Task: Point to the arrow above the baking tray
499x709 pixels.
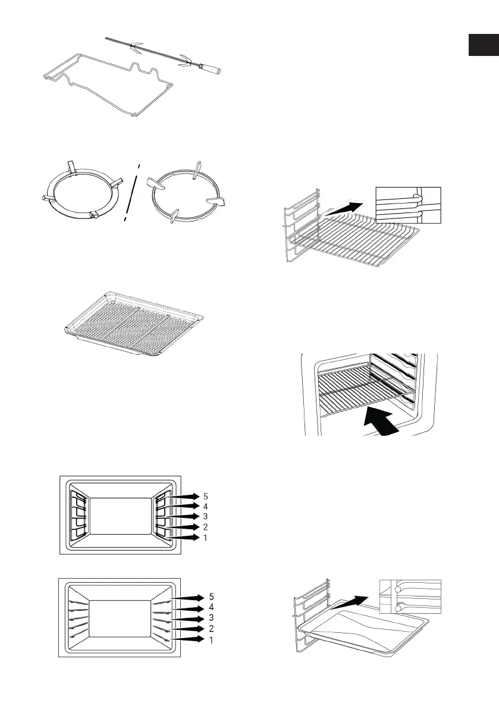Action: [x=362, y=594]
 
